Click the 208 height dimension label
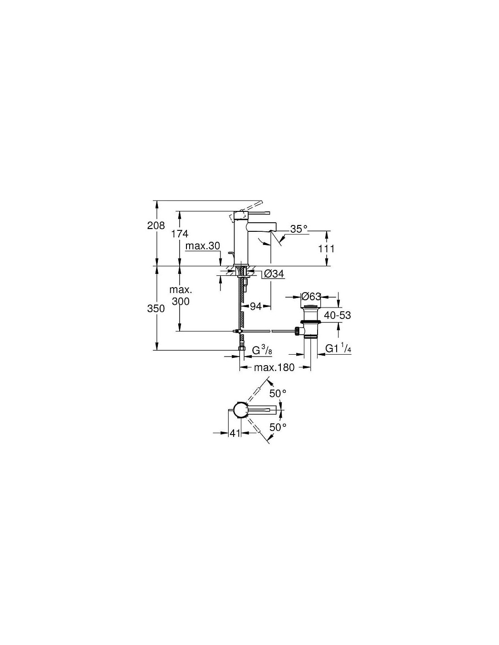tap(156, 225)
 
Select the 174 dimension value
tap(180, 234)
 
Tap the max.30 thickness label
tap(202, 246)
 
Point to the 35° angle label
tap(298, 229)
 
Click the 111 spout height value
tap(326, 249)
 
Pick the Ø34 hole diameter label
tap(274, 274)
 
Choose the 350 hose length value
tap(156, 309)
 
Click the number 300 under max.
tap(181, 302)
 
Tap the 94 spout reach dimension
tap(255, 306)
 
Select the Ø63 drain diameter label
tap(311, 296)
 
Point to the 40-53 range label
tap(337, 315)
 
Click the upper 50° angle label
tap(278, 394)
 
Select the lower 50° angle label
tap(278, 427)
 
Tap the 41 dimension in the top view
tap(235, 433)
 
